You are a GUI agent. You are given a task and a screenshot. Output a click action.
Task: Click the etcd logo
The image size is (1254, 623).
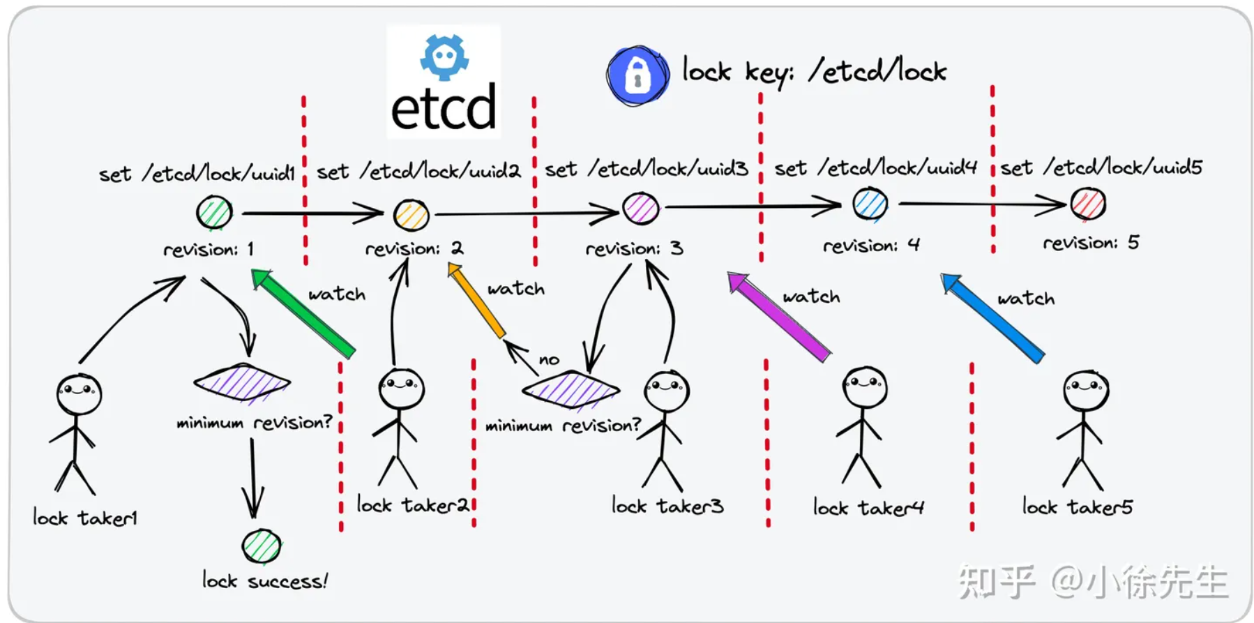point(444,82)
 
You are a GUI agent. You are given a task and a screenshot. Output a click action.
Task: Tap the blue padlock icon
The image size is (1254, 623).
point(637,75)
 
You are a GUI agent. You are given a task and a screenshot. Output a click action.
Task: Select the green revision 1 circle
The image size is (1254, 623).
point(214,213)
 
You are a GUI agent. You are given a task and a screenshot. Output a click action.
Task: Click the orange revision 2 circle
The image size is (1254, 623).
point(411,215)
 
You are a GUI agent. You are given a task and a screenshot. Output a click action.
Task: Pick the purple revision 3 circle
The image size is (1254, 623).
point(640,208)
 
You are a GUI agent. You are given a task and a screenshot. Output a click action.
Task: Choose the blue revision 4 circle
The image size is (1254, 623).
point(870,204)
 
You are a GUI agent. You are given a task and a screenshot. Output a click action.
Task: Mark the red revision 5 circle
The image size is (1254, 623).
point(1088,204)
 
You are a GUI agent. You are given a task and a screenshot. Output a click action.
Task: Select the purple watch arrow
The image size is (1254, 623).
point(779,317)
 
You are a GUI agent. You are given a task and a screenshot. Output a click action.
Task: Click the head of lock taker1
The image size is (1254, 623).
point(79,394)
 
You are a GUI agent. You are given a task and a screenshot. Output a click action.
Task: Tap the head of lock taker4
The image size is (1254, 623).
point(865,386)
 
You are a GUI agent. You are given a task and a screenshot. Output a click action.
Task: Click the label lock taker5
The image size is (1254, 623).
point(1077,506)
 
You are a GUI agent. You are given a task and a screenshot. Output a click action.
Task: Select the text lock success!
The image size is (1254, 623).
point(265,581)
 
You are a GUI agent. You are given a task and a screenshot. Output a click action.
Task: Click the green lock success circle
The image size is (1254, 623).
point(262,546)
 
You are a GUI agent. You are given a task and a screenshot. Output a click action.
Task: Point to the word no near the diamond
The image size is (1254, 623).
point(549,360)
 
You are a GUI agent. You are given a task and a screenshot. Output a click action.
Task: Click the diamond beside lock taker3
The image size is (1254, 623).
point(571,389)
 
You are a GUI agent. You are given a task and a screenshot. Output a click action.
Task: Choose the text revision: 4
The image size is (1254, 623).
point(871,246)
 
